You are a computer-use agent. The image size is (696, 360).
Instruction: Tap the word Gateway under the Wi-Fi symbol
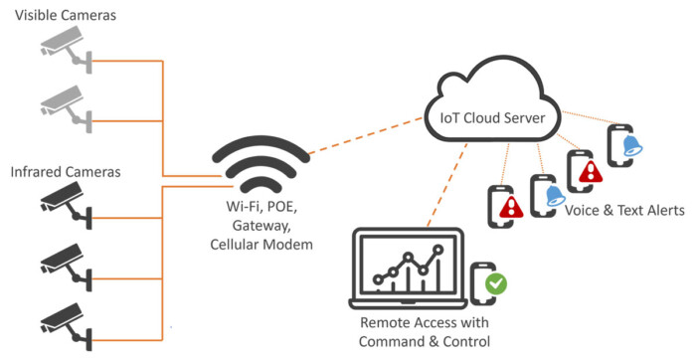[261, 227]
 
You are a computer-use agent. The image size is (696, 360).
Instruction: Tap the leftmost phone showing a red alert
[504, 205]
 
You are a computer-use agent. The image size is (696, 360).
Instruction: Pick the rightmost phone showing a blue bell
[622, 147]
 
